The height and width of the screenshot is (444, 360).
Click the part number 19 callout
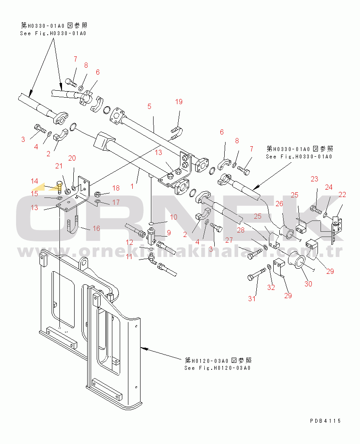point(179,102)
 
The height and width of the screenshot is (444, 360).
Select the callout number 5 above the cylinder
point(149,106)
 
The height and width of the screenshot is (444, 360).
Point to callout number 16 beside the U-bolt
point(96,228)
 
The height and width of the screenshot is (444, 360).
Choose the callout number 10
point(173,217)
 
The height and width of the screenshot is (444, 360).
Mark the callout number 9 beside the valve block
point(169,233)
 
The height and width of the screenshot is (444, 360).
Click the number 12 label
point(130,242)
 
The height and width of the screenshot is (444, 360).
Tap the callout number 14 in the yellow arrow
point(34,181)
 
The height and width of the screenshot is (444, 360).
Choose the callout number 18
point(116,188)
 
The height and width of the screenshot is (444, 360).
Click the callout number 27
point(229,240)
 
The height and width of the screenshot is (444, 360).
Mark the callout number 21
point(59,165)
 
